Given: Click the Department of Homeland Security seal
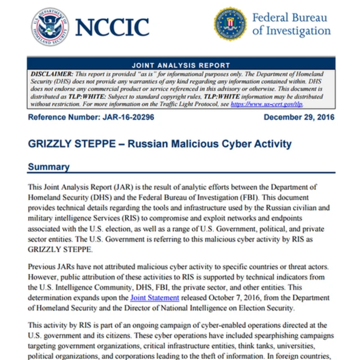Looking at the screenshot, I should click(49, 26).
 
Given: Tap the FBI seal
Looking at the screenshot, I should click(229, 24).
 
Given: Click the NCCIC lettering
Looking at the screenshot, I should click(112, 26).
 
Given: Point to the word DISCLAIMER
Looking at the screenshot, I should click(51, 74).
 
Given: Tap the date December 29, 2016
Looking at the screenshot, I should click(299, 117).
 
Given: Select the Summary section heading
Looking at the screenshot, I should click(49, 166).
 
